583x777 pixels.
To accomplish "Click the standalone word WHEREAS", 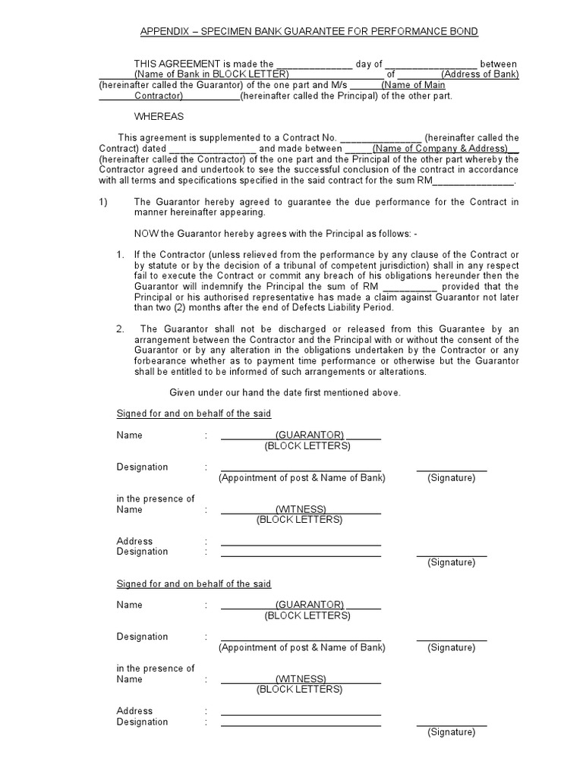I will [159, 117].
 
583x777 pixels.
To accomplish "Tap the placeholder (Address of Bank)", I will [481, 74].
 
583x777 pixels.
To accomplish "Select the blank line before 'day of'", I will [314, 64].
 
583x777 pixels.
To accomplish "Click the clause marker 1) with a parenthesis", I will [104, 202].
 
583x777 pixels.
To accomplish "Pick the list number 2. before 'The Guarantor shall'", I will [120, 329].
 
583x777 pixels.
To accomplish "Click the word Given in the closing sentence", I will [182, 393].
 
